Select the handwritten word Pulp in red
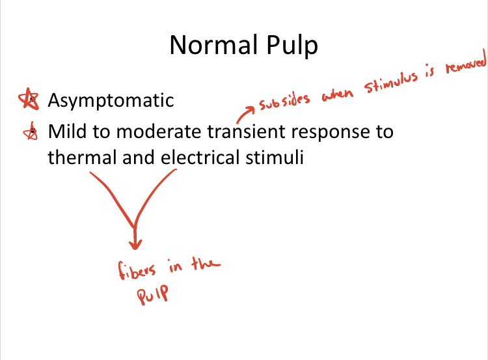[x=151, y=294]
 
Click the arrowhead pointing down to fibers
[x=135, y=243]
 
